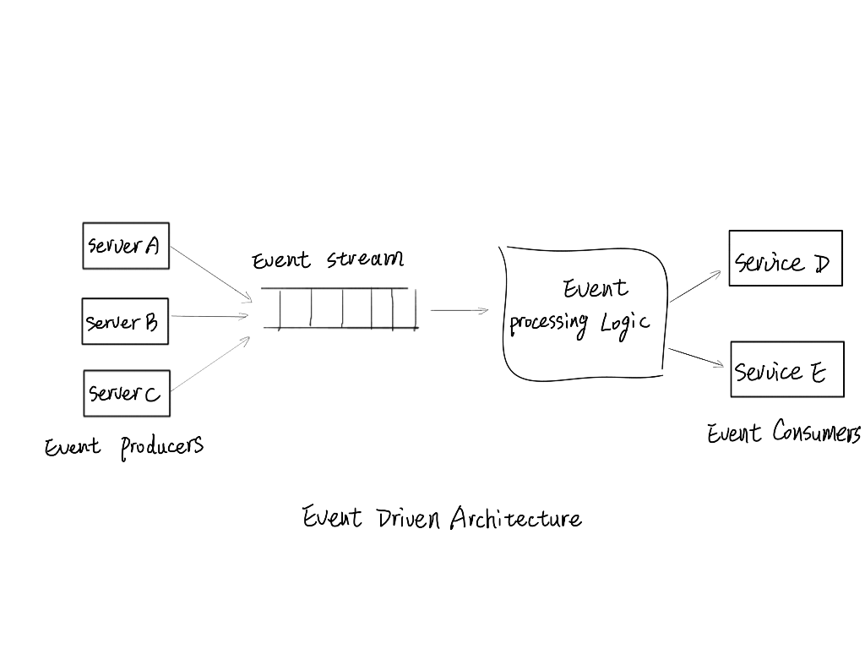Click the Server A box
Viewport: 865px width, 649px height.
(126, 246)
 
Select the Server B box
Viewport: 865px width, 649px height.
(125, 321)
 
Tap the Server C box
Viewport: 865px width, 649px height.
(126, 393)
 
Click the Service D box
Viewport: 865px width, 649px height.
(786, 259)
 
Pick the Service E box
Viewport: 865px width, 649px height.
(786, 369)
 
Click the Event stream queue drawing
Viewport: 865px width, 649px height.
(340, 308)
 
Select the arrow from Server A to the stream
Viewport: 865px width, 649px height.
(211, 273)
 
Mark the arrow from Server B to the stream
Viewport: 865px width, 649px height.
(209, 317)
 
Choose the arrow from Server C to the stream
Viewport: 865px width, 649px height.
(211, 363)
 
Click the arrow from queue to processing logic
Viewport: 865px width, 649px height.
(460, 310)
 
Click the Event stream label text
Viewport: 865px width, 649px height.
(328, 259)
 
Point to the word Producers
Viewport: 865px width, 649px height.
(161, 446)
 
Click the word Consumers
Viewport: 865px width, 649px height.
(816, 434)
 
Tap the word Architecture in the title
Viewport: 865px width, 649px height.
(515, 517)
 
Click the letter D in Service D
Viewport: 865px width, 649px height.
(821, 264)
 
